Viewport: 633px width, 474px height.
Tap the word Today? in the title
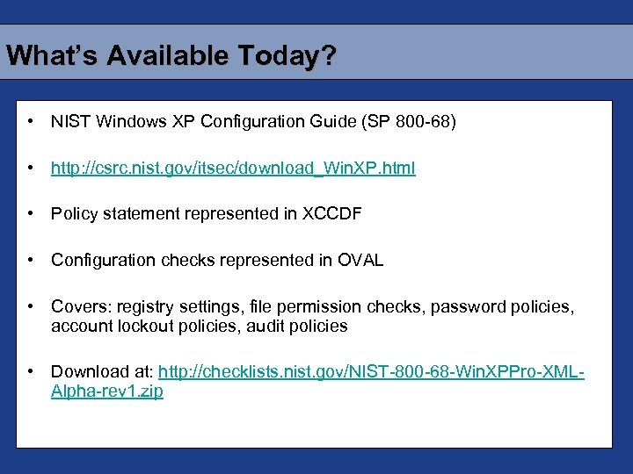291,56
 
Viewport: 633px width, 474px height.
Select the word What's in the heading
53,56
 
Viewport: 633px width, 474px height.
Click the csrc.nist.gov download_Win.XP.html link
233,168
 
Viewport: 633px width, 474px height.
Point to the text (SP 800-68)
409,121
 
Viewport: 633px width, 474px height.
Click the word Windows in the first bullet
126,121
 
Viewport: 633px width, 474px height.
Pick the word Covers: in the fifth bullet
77,307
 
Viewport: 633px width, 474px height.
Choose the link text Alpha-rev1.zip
107,391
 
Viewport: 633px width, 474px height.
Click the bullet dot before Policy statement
31,214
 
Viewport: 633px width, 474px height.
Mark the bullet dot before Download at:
31,372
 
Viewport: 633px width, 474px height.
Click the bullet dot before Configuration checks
31,261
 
